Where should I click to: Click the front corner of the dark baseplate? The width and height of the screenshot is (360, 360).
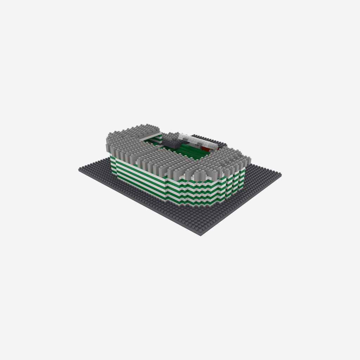201,234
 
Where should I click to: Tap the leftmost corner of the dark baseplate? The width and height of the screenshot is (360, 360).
79,169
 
